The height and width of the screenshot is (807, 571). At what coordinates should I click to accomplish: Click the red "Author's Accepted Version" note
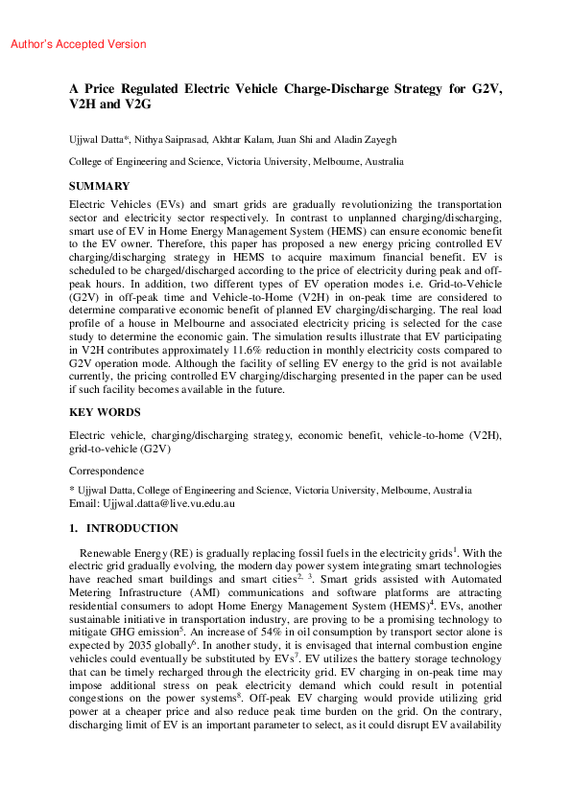[x=78, y=44]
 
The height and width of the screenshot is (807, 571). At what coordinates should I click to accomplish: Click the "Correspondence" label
[x=107, y=471]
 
